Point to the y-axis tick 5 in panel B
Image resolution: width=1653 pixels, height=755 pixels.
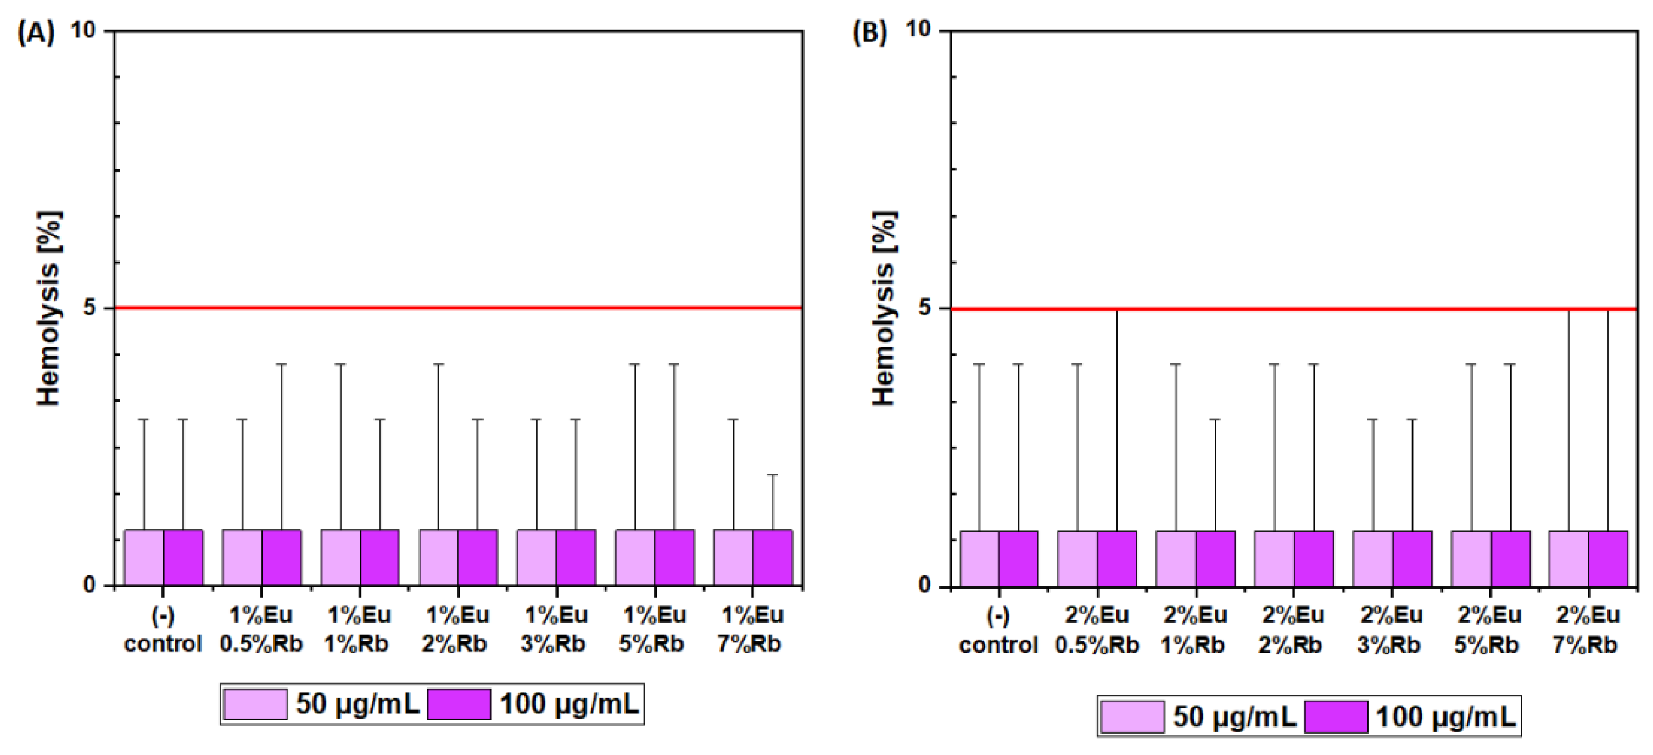(x=924, y=308)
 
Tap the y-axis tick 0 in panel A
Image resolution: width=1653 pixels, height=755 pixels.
(x=90, y=585)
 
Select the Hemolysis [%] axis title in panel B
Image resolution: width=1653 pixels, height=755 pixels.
(x=884, y=308)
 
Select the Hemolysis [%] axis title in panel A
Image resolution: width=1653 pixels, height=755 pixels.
(x=49, y=308)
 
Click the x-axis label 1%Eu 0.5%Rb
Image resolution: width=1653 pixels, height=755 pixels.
(x=261, y=630)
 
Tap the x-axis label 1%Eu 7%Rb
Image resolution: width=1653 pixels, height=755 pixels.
(x=751, y=630)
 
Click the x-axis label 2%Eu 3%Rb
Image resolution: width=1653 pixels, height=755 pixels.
(x=1390, y=630)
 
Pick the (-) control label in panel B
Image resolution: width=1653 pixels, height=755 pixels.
(x=998, y=630)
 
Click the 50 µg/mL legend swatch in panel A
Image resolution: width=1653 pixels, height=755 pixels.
(x=255, y=704)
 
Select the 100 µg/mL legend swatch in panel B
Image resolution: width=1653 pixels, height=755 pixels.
(x=1336, y=717)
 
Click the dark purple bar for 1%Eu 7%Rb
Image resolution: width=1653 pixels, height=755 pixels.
(x=773, y=557)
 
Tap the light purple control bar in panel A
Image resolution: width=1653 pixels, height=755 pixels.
(x=144, y=557)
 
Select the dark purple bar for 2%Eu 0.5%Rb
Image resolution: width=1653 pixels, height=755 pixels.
(x=1116, y=558)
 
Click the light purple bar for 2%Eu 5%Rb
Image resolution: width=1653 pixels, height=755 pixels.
(x=1471, y=558)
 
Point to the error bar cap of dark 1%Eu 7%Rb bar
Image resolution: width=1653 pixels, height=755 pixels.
(x=773, y=475)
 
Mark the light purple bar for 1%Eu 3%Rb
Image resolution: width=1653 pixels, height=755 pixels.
(x=537, y=557)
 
